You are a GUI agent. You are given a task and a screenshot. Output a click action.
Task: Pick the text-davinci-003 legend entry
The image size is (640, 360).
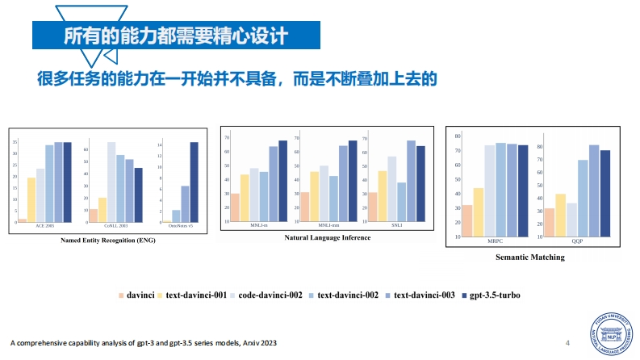[x=420, y=295]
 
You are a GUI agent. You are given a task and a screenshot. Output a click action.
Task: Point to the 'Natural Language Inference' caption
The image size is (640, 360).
[x=328, y=237]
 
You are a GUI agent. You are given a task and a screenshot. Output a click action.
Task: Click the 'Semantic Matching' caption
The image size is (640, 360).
[x=529, y=257]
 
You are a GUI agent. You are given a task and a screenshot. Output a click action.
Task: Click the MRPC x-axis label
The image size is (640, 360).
[x=495, y=241]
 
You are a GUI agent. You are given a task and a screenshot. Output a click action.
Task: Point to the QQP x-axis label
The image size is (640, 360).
[x=577, y=241]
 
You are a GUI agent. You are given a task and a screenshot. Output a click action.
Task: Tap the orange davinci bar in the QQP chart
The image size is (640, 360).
[x=549, y=222]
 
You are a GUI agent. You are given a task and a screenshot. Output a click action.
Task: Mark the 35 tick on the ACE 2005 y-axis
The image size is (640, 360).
[x=15, y=143]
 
